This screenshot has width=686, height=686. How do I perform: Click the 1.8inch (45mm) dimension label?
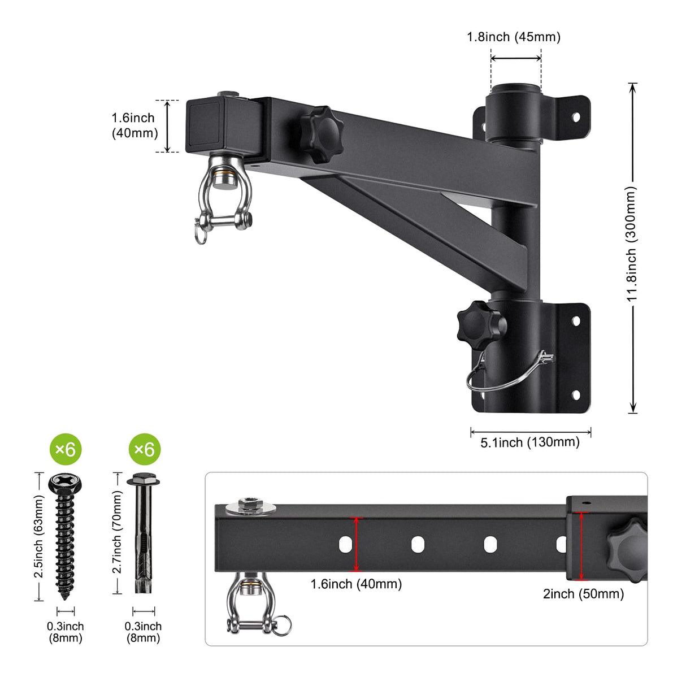click(513, 37)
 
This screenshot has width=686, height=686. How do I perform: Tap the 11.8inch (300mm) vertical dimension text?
click(632, 244)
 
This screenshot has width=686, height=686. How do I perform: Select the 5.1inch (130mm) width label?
click(529, 442)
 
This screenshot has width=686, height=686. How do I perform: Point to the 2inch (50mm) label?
click(583, 594)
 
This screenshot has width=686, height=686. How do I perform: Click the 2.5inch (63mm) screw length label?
click(39, 536)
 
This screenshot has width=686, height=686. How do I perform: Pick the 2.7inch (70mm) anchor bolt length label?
click(117, 532)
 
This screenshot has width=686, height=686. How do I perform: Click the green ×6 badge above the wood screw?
click(66, 449)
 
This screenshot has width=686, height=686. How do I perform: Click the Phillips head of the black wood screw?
click(66, 483)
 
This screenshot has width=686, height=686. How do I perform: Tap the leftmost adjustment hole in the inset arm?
click(345, 544)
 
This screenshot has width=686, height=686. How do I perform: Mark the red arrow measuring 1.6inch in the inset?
click(356, 544)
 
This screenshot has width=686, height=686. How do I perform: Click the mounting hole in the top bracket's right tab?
click(576, 118)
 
